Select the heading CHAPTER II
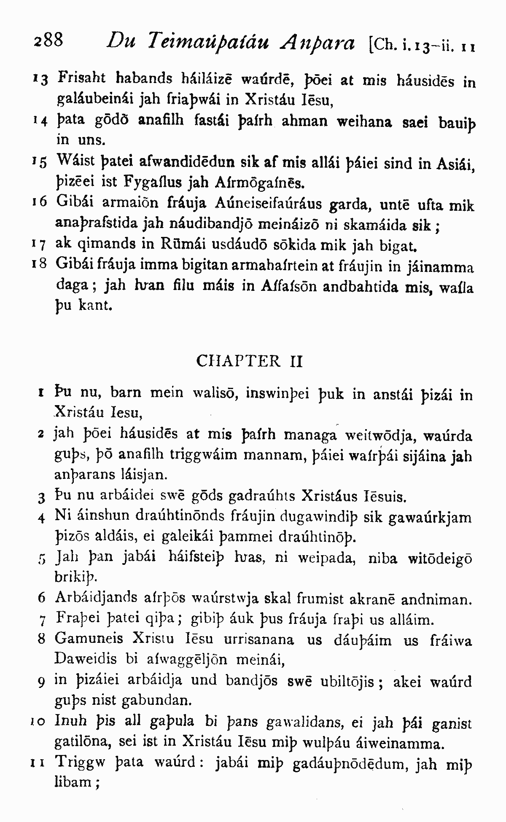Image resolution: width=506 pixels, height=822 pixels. point(250,361)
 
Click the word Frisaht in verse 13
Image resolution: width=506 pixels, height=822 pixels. point(82,78)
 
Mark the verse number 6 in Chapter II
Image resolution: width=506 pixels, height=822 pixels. point(41,598)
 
